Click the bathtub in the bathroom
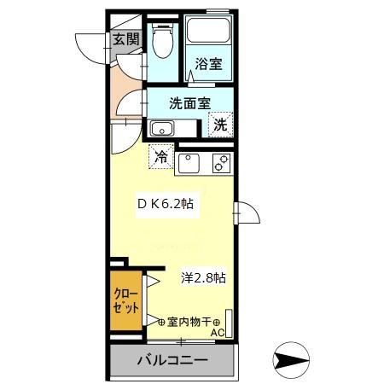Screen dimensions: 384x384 point(210,32)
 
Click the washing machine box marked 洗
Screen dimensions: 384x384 point(220,124)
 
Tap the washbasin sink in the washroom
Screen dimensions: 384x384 point(161,129)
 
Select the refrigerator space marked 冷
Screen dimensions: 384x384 point(160,156)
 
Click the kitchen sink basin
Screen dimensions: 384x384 point(189,161)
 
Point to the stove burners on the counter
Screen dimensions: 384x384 point(222,161)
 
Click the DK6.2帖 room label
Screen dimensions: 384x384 point(169,206)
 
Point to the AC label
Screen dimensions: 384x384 point(217,333)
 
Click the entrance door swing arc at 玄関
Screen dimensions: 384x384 point(90,47)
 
